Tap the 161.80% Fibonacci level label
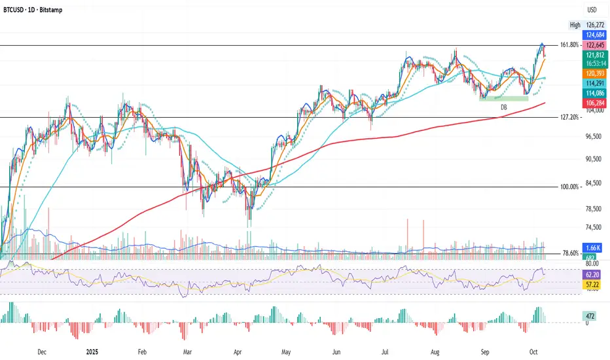(569, 45)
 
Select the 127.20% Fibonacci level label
(569, 118)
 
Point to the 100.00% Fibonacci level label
(569, 187)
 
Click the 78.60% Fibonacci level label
(571, 253)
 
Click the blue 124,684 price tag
(594, 34)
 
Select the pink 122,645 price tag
(594, 45)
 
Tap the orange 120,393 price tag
(594, 75)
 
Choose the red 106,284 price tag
(594, 103)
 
